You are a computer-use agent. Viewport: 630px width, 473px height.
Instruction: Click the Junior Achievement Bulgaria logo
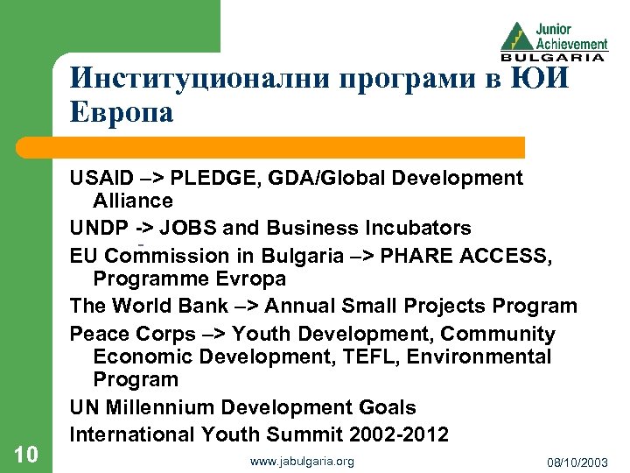pos(553,39)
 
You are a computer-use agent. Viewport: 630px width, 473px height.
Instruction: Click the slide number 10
pos(25,453)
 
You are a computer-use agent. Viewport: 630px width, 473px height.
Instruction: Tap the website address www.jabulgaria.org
pos(302,461)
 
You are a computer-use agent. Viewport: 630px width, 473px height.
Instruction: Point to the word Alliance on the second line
pos(133,201)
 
